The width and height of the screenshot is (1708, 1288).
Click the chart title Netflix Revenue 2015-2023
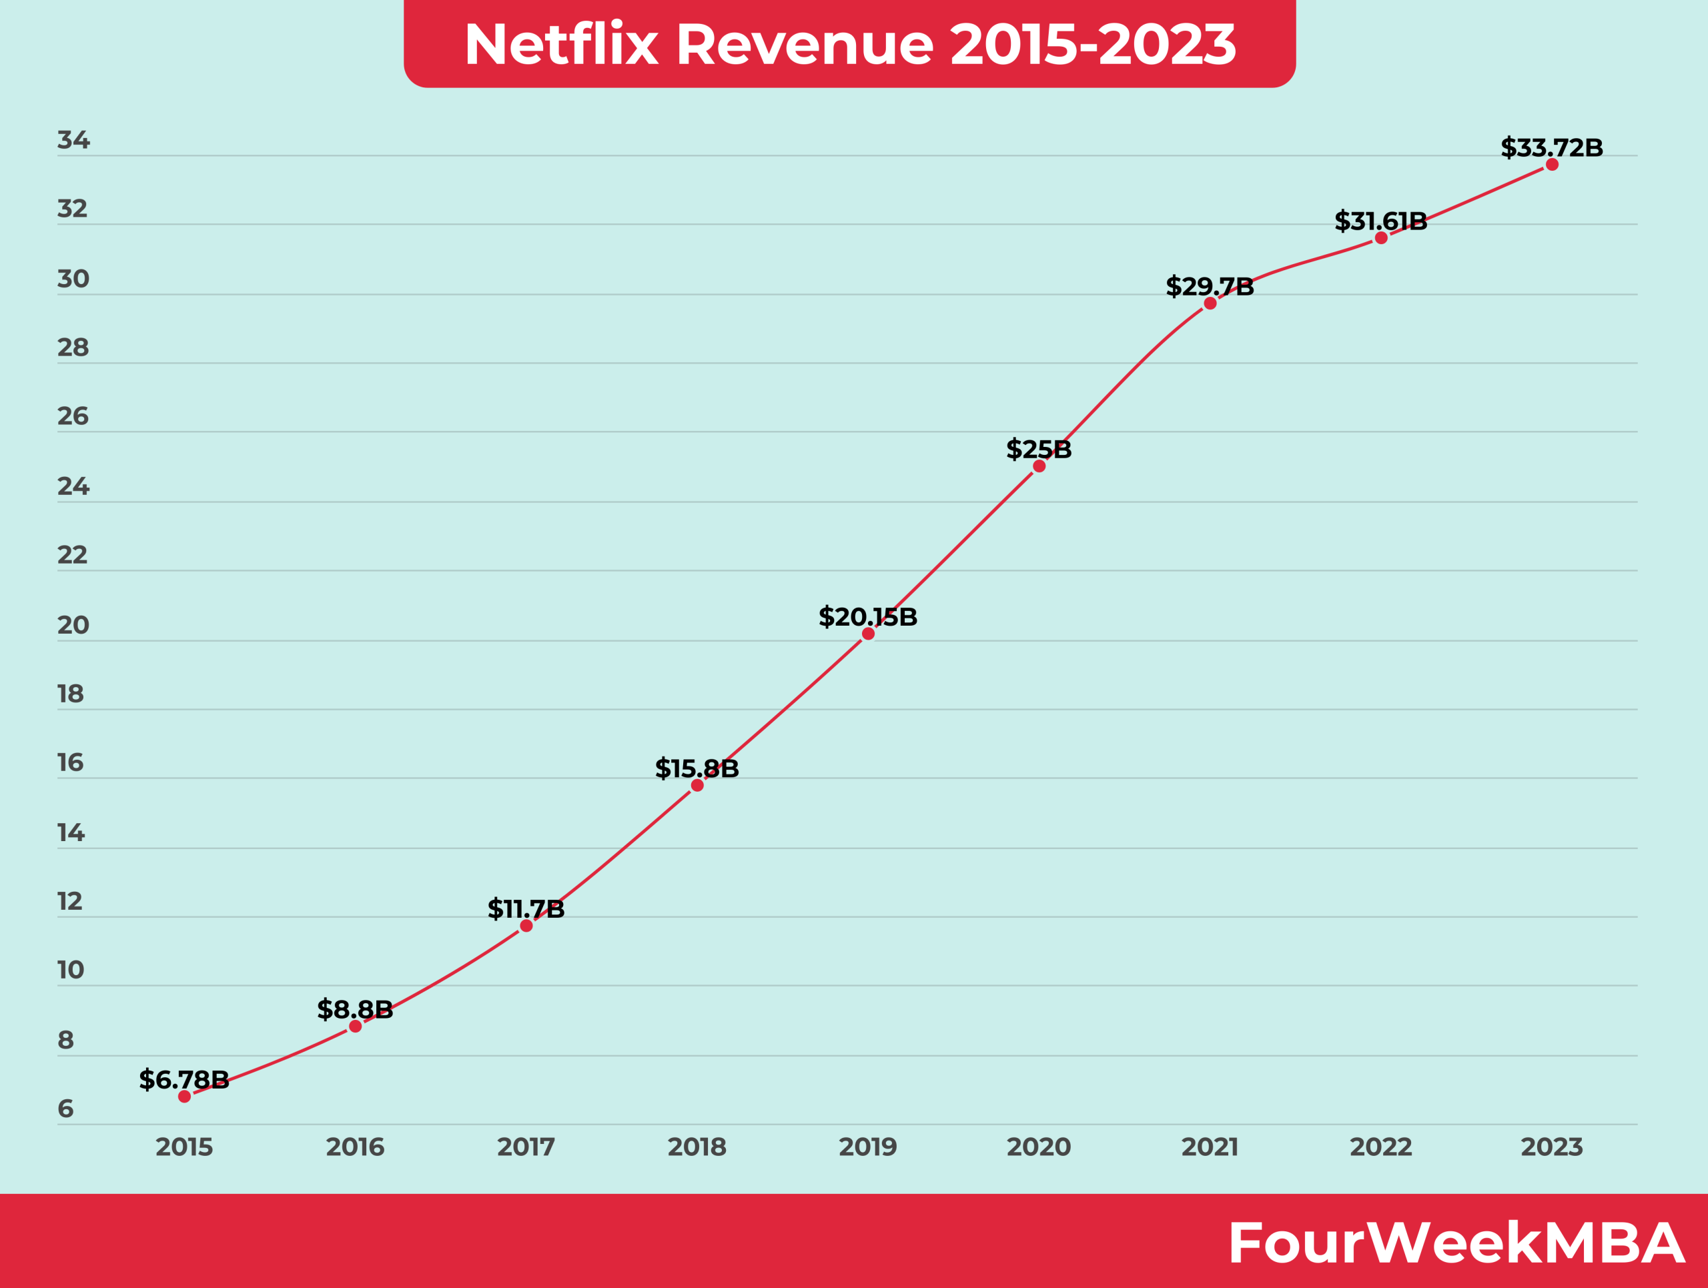pyautogui.click(x=849, y=44)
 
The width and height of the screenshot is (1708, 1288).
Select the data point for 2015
pyautogui.click(x=183, y=1097)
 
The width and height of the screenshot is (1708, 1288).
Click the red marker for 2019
pyautogui.click(x=868, y=634)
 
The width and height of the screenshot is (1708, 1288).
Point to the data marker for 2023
pyautogui.click(x=1552, y=164)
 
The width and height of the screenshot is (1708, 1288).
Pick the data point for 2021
pyautogui.click(x=1210, y=303)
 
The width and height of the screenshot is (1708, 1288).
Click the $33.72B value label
pyautogui.click(x=1551, y=147)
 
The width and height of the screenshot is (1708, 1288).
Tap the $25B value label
pyautogui.click(x=1039, y=449)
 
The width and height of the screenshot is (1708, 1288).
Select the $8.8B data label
pyautogui.click(x=355, y=1009)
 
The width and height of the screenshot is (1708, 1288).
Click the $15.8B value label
pyautogui.click(x=697, y=768)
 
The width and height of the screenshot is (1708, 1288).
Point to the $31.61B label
pyautogui.click(x=1380, y=221)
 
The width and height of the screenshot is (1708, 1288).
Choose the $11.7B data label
pyautogui.click(x=526, y=909)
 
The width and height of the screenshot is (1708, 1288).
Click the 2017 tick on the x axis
pyautogui.click(x=526, y=1147)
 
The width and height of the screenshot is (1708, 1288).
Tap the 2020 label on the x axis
pyautogui.click(x=1039, y=1147)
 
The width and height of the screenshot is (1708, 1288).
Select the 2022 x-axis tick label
pyautogui.click(x=1380, y=1147)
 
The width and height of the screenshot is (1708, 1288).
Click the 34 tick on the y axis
pyautogui.click(x=73, y=141)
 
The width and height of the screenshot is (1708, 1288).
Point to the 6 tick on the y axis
pyautogui.click(x=65, y=1109)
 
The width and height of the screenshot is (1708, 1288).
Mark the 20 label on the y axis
pyautogui.click(x=73, y=625)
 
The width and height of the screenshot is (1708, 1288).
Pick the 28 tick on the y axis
pyautogui.click(x=73, y=348)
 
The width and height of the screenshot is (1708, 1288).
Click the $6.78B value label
pyautogui.click(x=183, y=1080)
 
